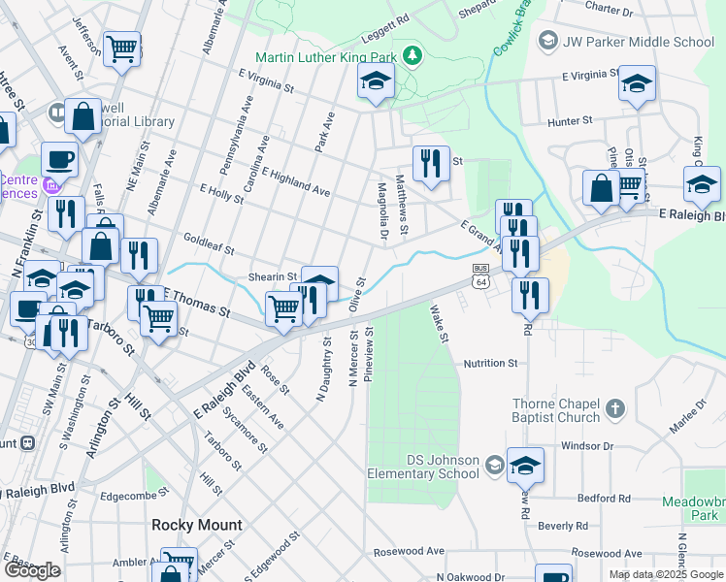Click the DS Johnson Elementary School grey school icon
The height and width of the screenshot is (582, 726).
point(494,465)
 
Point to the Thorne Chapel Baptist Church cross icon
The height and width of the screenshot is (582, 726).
point(613,410)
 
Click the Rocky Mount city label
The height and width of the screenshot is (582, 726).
point(197,525)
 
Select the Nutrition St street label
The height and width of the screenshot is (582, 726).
point(490,363)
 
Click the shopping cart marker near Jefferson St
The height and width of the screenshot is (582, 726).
point(122,48)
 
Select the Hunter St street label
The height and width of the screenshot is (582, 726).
point(570,121)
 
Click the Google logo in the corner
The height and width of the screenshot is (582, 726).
point(32,570)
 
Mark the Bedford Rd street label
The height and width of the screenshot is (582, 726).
point(603,499)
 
